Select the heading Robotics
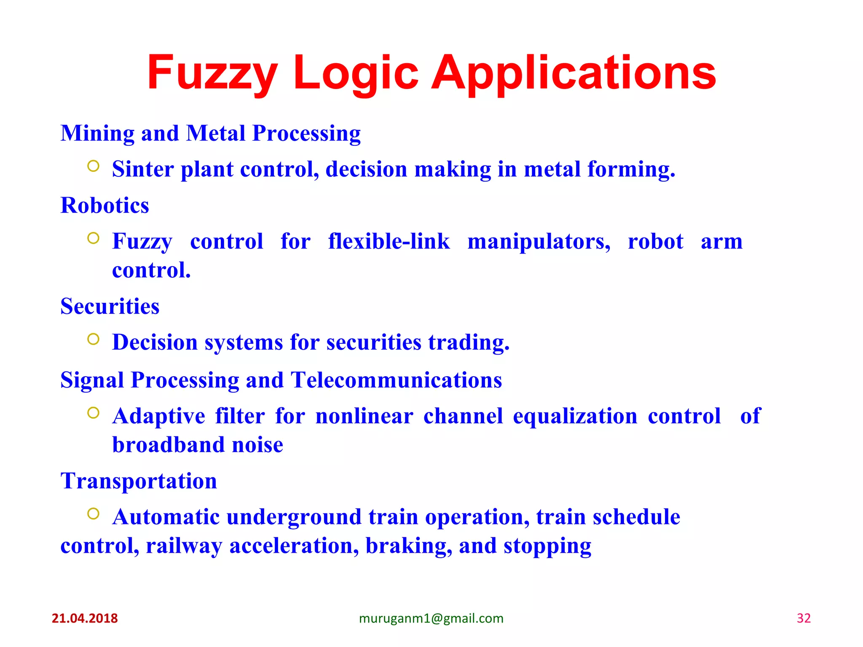[x=105, y=206]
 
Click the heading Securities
[x=110, y=306]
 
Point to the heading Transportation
[x=139, y=481]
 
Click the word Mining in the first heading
[x=97, y=134]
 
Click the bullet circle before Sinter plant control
[x=93, y=166]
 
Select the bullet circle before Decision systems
[x=93, y=339]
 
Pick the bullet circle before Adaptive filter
[x=93, y=413]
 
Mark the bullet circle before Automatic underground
[x=93, y=513]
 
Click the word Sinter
[x=143, y=169]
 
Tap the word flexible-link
[x=389, y=242]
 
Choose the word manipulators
[x=539, y=242]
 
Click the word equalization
[x=575, y=416]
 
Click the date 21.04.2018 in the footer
[x=85, y=618]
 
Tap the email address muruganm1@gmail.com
[x=431, y=618]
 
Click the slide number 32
[x=804, y=618]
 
